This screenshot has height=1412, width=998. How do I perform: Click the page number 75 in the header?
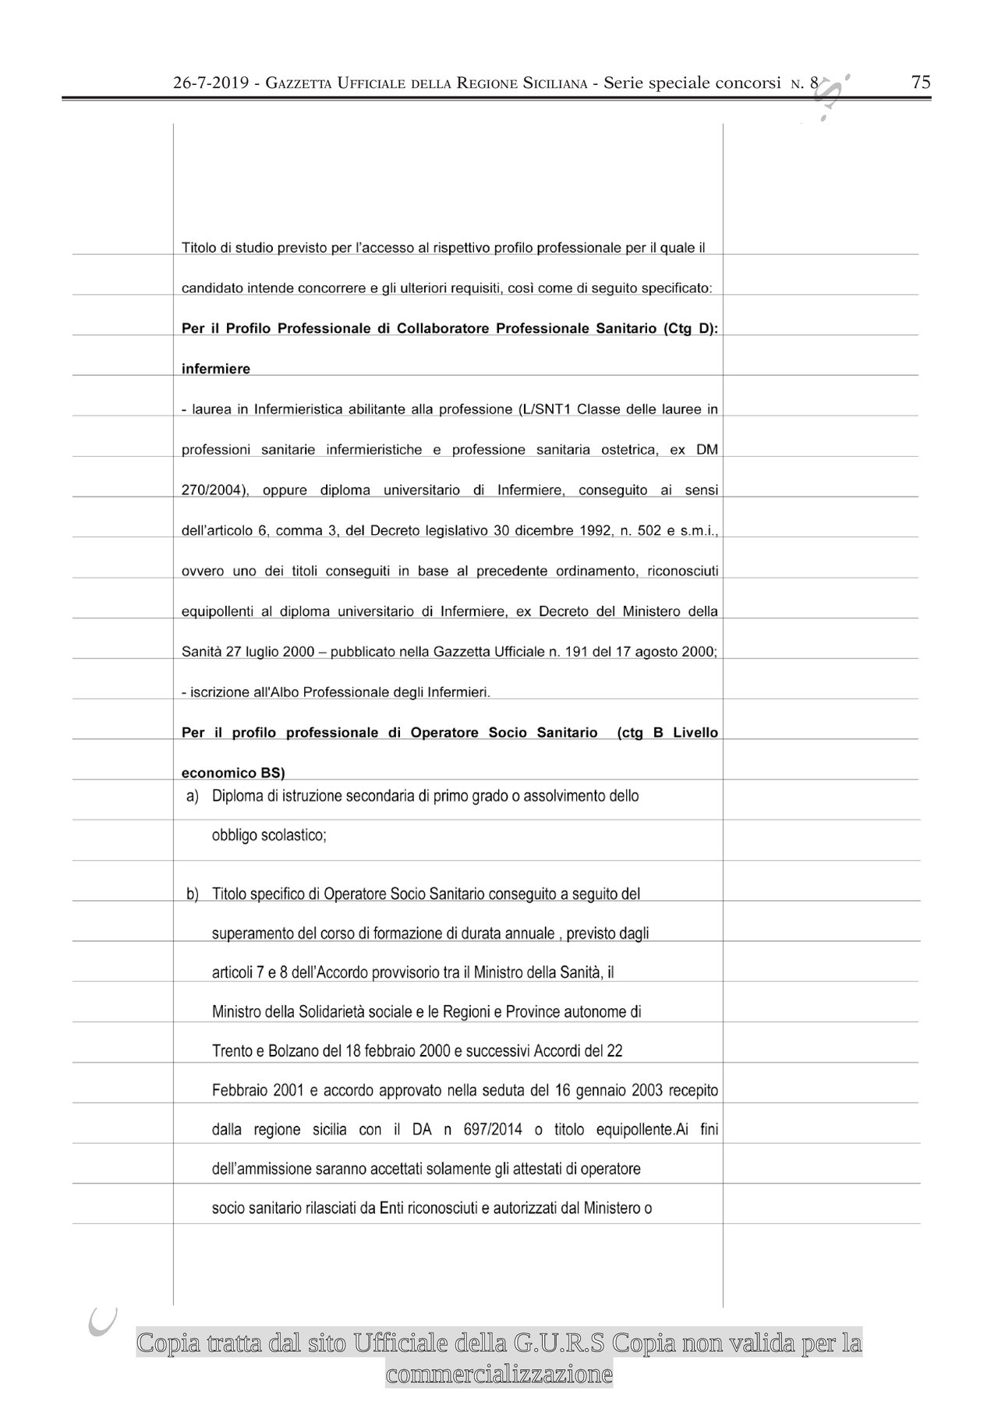click(x=921, y=83)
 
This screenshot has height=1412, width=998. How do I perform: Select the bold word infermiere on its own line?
click(x=216, y=369)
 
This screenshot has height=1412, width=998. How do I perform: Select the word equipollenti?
click(x=217, y=612)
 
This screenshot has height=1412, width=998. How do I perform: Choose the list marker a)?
click(x=192, y=796)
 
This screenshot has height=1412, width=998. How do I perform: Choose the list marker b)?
click(x=192, y=894)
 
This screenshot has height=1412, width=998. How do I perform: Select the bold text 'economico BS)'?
click(x=233, y=773)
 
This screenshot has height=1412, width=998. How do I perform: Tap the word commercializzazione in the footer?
click(x=499, y=1374)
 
